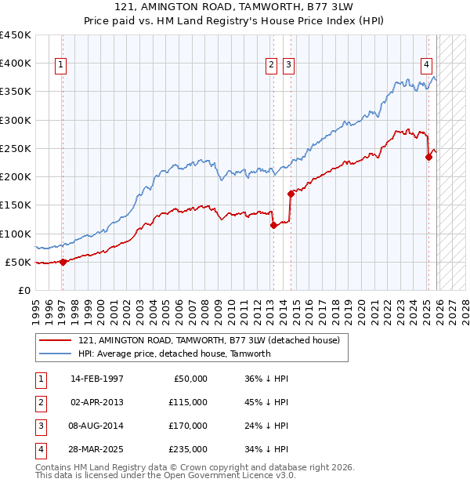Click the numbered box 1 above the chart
61,65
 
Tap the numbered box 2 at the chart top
271,65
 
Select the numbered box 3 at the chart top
288,65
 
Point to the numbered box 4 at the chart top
426,65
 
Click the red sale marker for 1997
63,263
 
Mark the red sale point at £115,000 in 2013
273,226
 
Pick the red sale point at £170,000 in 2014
291,194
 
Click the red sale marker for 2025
428,157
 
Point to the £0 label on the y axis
23,291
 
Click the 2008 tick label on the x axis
203,309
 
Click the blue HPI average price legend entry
174,354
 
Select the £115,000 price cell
189,402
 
